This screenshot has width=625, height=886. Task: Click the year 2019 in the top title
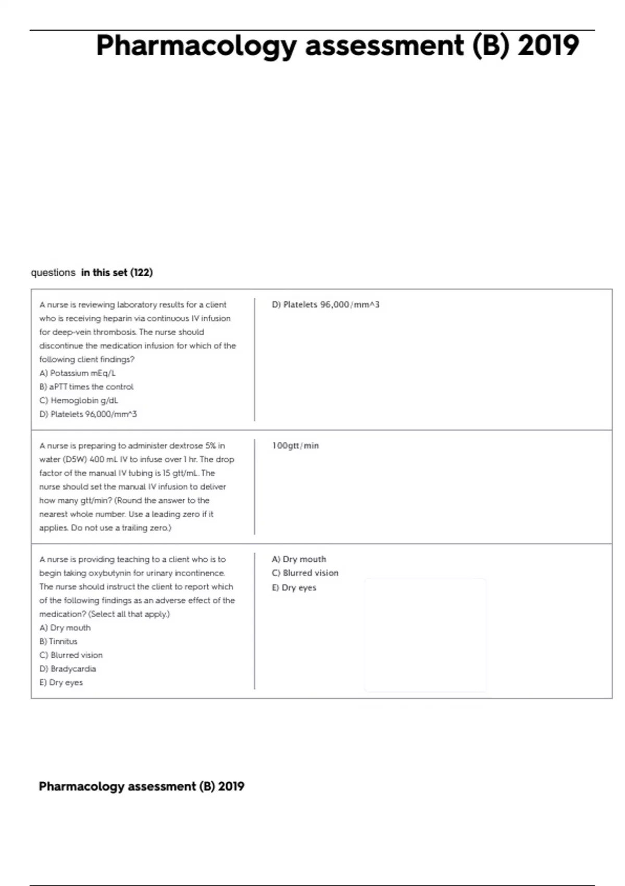point(548,45)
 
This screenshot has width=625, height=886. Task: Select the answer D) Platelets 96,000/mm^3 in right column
point(326,305)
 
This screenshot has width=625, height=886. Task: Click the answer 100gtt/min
point(295,446)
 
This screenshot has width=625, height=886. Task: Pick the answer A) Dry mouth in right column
point(299,559)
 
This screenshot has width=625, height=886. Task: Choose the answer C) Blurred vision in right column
point(305,573)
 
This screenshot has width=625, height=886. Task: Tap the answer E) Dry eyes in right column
point(294,587)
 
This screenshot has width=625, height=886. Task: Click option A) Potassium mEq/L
point(78,373)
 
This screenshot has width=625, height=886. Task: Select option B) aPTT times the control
point(86,387)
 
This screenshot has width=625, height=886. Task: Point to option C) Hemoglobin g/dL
point(79,400)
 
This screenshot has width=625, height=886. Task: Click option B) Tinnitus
point(58,642)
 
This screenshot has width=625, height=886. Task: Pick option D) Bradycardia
point(68,669)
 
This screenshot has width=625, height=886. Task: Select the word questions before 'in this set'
point(53,273)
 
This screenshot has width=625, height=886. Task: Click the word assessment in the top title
point(384,45)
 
